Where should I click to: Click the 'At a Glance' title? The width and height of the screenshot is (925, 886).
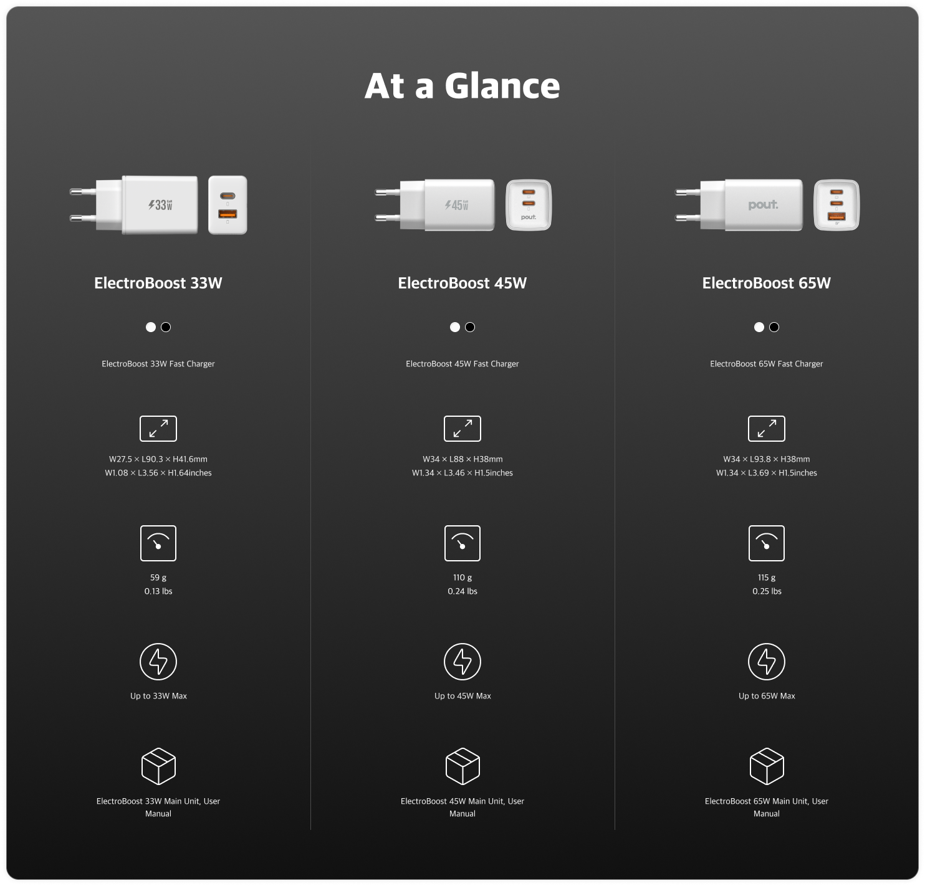pyautogui.click(x=462, y=86)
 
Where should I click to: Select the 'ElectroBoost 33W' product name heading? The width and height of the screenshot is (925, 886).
pyautogui.click(x=158, y=283)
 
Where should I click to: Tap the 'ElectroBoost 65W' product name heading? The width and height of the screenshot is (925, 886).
pyautogui.click(x=766, y=283)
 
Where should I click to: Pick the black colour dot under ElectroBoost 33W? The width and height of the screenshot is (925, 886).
pyautogui.click(x=166, y=327)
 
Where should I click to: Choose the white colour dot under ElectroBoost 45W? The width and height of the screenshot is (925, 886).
pyautogui.click(x=455, y=327)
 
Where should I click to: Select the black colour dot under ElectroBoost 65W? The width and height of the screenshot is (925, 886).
pyautogui.click(x=774, y=327)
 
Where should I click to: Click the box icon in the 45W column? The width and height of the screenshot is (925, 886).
pyautogui.click(x=462, y=766)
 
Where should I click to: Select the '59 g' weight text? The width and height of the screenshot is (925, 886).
pyautogui.click(x=158, y=578)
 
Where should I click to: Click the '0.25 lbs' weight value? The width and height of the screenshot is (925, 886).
pyautogui.click(x=767, y=591)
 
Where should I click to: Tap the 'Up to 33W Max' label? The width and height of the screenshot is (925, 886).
pyautogui.click(x=158, y=696)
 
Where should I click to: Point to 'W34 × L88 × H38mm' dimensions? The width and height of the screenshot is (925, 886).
pyautogui.click(x=462, y=459)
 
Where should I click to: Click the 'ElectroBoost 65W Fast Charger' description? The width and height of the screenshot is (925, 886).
pyautogui.click(x=766, y=364)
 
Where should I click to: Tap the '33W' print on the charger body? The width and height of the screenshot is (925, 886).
pyautogui.click(x=161, y=205)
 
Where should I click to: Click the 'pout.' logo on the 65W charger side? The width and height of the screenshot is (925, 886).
pyautogui.click(x=763, y=205)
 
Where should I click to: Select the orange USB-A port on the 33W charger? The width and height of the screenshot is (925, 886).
pyautogui.click(x=228, y=214)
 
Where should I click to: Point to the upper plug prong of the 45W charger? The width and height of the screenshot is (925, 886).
pyautogui.click(x=388, y=193)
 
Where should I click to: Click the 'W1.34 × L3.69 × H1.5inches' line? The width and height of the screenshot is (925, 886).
pyautogui.click(x=766, y=473)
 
